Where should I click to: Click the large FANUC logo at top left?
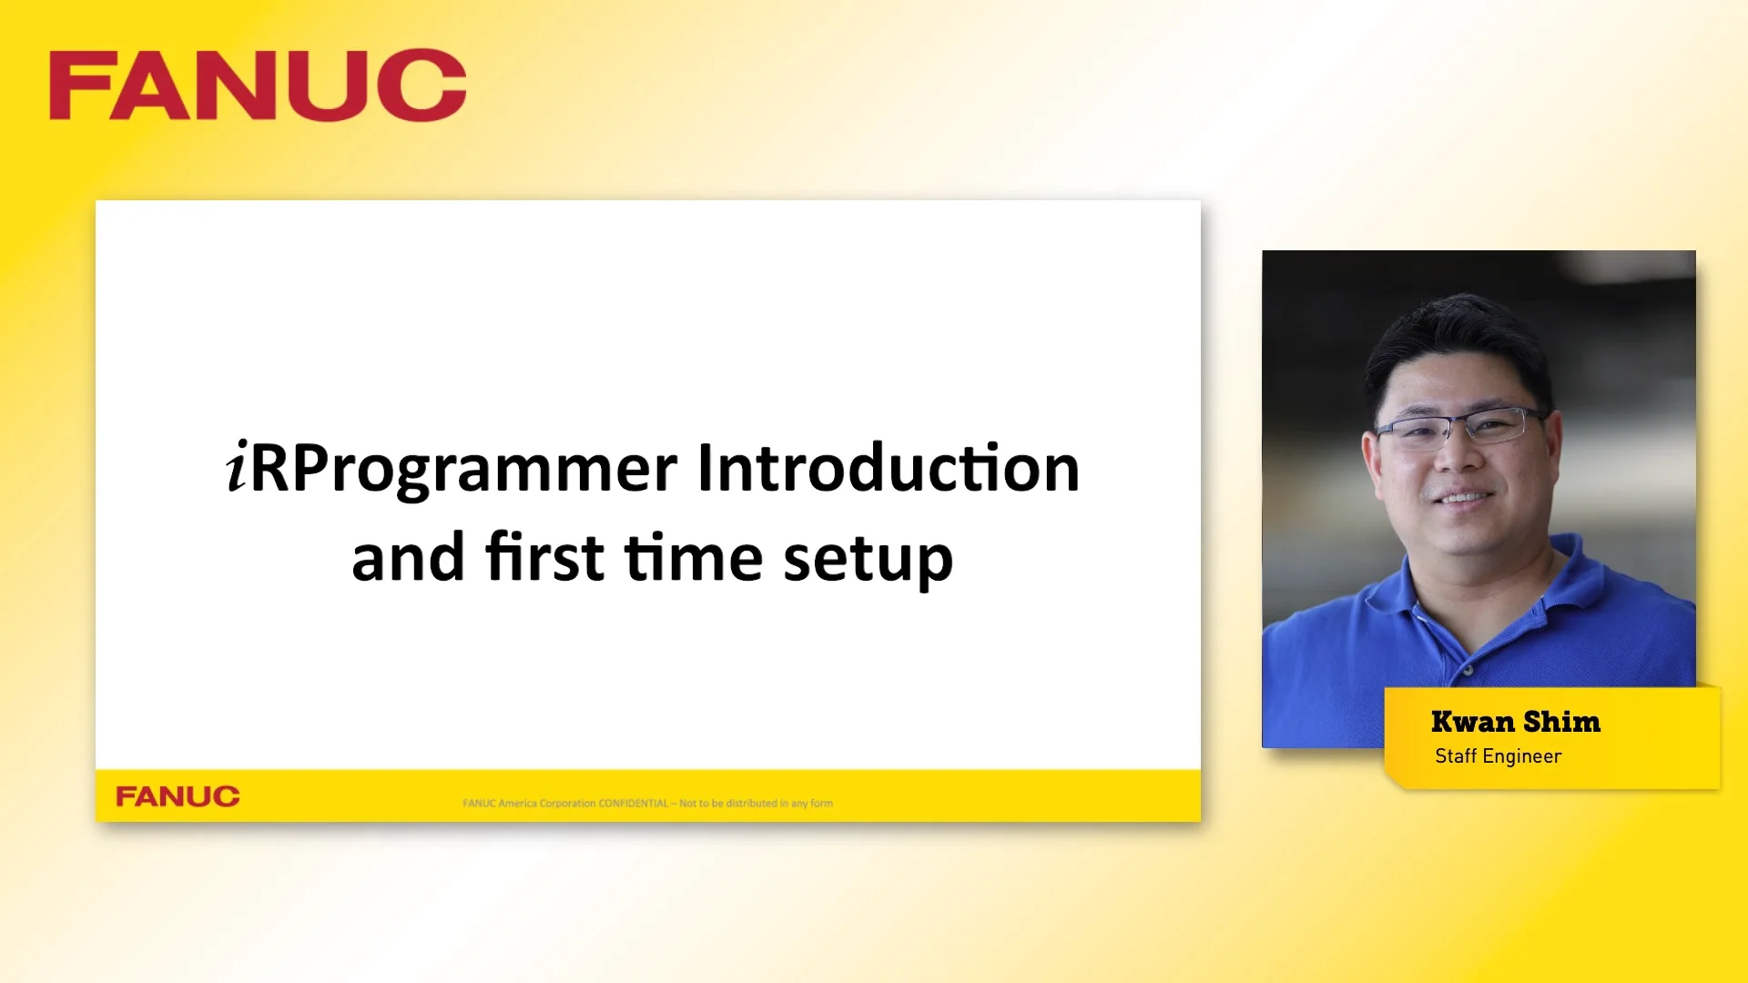click(x=258, y=86)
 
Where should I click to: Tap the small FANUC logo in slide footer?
click(x=178, y=796)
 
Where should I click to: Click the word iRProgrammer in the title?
click(x=452, y=470)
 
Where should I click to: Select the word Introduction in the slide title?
click(x=889, y=468)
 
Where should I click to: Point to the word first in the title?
click(x=544, y=557)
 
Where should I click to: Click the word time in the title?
click(x=694, y=557)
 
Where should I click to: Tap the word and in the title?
click(x=408, y=557)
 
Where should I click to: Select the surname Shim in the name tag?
click(x=1561, y=722)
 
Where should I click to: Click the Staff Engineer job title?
click(x=1498, y=756)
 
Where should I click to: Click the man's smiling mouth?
click(x=1463, y=498)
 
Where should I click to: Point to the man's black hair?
click(x=1457, y=337)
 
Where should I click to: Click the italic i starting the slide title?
click(x=237, y=468)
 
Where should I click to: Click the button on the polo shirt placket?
click(x=1468, y=671)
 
